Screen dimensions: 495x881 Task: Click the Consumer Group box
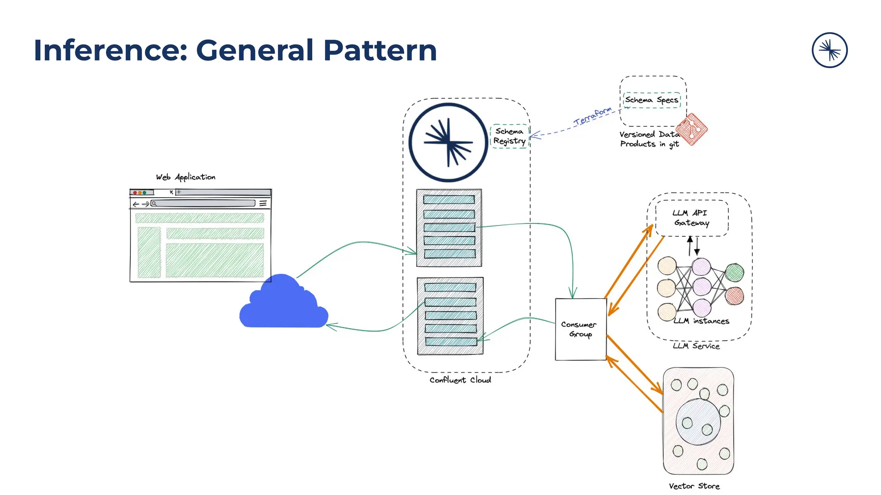580,329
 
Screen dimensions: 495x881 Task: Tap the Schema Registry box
509,136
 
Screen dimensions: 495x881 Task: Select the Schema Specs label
651,100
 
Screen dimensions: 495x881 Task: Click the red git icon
692,129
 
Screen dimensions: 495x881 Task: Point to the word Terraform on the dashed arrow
592,116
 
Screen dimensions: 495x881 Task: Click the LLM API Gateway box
691,218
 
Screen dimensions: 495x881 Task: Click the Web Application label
185,177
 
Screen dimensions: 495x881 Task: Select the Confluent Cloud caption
460,380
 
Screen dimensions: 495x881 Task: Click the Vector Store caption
694,486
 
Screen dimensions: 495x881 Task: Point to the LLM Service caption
696,346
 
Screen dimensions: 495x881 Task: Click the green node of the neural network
734,272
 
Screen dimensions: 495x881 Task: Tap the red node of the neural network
734,296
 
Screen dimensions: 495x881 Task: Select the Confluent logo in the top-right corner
829,50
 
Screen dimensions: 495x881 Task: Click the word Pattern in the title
379,51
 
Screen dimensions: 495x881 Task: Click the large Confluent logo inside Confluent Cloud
448,142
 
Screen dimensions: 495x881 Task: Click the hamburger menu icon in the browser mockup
263,203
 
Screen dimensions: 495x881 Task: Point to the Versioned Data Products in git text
649,139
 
